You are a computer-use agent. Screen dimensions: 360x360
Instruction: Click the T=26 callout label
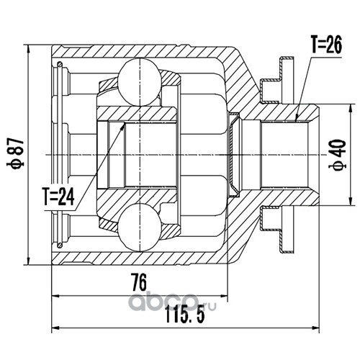[326, 45]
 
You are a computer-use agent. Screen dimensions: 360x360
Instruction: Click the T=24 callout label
[58, 197]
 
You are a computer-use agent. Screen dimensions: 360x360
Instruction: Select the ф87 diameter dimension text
[16, 154]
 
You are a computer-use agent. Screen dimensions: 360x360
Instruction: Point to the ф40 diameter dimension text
[338, 155]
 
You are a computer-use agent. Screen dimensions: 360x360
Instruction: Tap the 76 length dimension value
[139, 283]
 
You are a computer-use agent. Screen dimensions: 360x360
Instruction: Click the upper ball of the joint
[140, 82]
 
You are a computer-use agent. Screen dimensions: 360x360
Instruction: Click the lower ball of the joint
[140, 228]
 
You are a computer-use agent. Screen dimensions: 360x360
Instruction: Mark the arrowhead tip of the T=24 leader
[125, 123]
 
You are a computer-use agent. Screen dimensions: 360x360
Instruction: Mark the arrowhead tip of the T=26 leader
[296, 120]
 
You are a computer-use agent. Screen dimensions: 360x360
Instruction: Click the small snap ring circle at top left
[60, 64]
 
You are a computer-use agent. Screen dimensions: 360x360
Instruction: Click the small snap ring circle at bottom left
[60, 245]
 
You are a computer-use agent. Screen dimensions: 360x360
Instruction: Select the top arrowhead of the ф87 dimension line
[29, 45]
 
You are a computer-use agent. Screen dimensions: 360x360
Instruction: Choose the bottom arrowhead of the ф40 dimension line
[351, 205]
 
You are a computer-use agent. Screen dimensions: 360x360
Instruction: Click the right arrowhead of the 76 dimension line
[228, 296]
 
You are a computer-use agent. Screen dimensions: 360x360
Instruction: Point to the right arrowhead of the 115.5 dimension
[319, 328]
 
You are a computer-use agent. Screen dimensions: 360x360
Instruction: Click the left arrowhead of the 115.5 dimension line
[52, 328]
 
